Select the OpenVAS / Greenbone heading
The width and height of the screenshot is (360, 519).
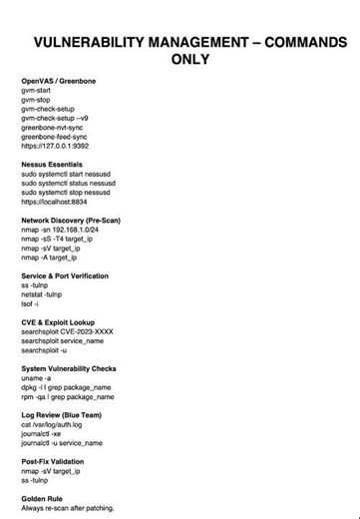pos(59,80)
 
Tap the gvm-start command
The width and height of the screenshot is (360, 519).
pos(38,90)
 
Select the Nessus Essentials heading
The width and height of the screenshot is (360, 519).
pos(52,165)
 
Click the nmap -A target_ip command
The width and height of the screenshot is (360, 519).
pos(49,258)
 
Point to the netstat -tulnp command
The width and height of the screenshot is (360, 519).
pos(42,294)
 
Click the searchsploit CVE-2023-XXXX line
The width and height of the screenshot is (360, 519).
pos(67,331)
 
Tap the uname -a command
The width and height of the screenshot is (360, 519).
pos(36,378)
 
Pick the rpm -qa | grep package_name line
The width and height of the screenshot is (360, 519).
pos(67,396)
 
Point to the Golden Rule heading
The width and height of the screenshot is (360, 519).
pos(45,499)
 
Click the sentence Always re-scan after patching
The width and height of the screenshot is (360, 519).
pos(68,508)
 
